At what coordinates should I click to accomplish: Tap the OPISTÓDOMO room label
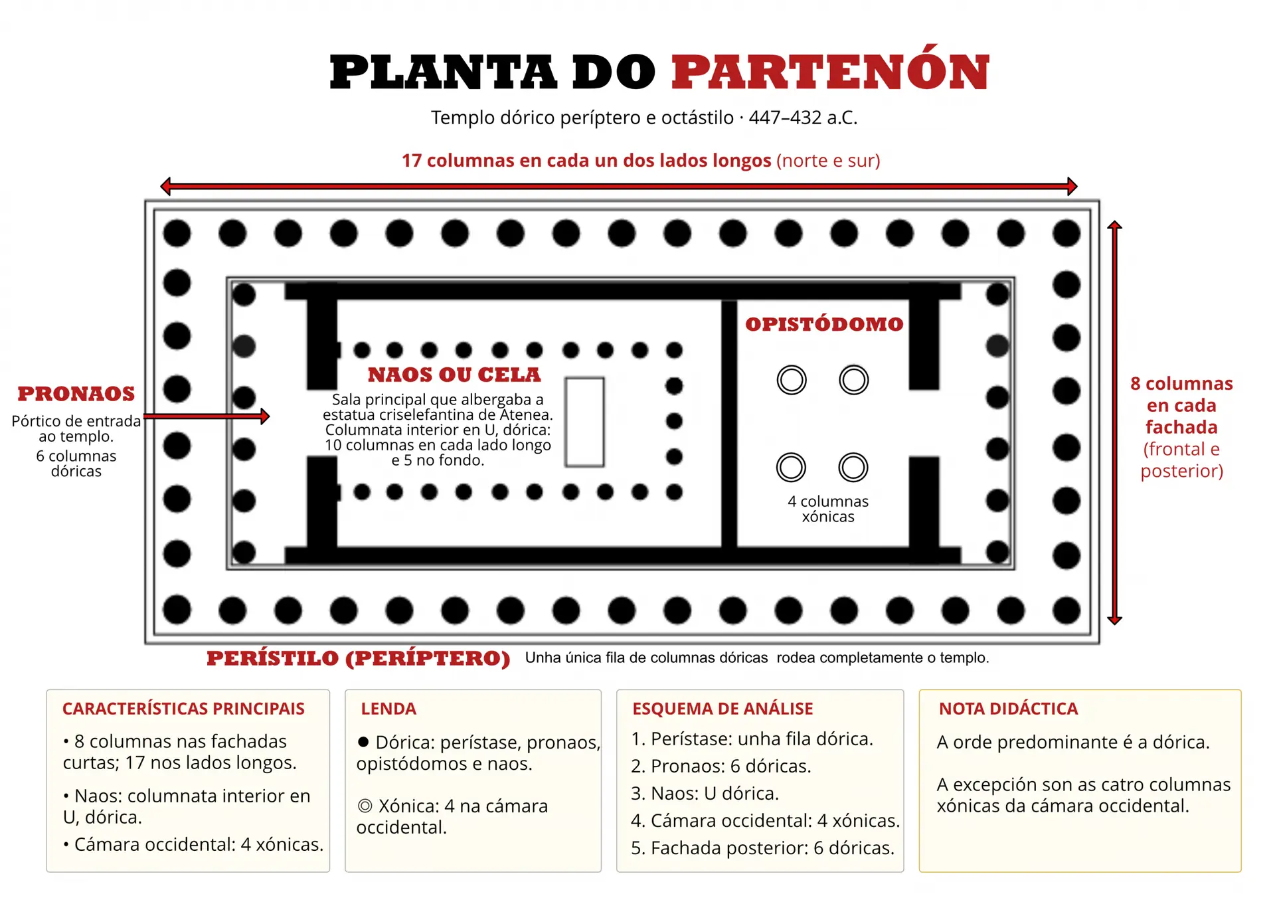pyautogui.click(x=824, y=323)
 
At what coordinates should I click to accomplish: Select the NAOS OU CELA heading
pyautogui.click(x=454, y=375)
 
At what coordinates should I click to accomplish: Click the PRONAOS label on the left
pyautogui.click(x=76, y=394)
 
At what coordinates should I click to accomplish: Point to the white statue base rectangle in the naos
pyautogui.click(x=584, y=422)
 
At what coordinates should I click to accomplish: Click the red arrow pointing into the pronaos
pyautogui.click(x=207, y=416)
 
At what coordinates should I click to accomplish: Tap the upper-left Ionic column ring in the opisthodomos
pyautogui.click(x=792, y=381)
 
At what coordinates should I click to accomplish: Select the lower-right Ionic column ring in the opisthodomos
pyautogui.click(x=853, y=468)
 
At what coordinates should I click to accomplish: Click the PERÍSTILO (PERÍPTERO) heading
pyautogui.click(x=359, y=658)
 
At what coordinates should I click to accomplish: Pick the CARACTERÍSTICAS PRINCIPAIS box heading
pyautogui.click(x=183, y=709)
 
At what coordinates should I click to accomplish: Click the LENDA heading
pyautogui.click(x=388, y=709)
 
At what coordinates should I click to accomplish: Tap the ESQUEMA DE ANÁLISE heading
pyautogui.click(x=722, y=709)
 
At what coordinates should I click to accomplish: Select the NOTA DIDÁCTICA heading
pyautogui.click(x=1008, y=709)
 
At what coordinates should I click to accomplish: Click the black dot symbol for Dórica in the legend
pyautogui.click(x=363, y=742)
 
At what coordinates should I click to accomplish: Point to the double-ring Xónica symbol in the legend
pyautogui.click(x=365, y=806)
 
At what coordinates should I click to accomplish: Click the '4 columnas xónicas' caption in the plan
pyautogui.click(x=828, y=509)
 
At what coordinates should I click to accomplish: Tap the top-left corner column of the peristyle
pyautogui.click(x=177, y=233)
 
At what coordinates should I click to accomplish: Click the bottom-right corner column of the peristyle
pyautogui.click(x=1066, y=610)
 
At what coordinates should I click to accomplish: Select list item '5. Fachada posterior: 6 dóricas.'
pyautogui.click(x=762, y=848)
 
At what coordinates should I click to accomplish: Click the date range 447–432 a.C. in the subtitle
pyautogui.click(x=803, y=118)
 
